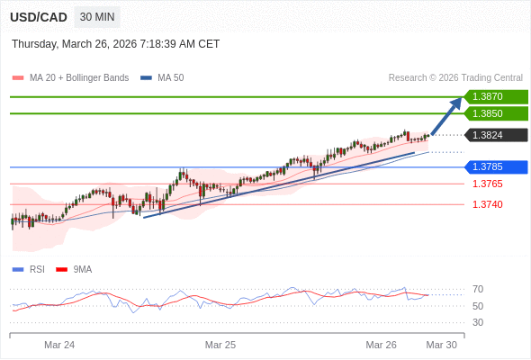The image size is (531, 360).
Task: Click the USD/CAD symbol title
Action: pyautogui.click(x=39, y=17)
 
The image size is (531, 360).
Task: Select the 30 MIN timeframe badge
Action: pyautogui.click(x=97, y=17)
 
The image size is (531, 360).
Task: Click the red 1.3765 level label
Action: pyautogui.click(x=488, y=184)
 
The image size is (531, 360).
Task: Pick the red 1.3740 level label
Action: pyautogui.click(x=488, y=204)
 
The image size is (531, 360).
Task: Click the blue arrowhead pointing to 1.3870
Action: pyautogui.click(x=456, y=103)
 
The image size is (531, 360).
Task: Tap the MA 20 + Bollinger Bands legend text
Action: pyautogui.click(x=79, y=77)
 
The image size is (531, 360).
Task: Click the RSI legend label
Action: pyautogui.click(x=37, y=269)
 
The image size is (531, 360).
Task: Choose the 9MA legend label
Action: pyautogui.click(x=83, y=269)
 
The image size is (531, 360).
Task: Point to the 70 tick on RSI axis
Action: pyautogui.click(x=478, y=289)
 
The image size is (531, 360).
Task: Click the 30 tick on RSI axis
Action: pyautogui.click(x=478, y=322)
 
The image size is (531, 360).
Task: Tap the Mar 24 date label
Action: pyautogui.click(x=59, y=345)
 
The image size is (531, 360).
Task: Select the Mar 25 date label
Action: pyautogui.click(x=220, y=345)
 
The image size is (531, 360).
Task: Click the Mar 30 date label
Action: pyautogui.click(x=441, y=345)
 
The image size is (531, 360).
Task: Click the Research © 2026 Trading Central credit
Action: pyautogui.click(x=455, y=77)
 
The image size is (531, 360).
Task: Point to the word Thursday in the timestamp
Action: pyautogui.click(x=35, y=43)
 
